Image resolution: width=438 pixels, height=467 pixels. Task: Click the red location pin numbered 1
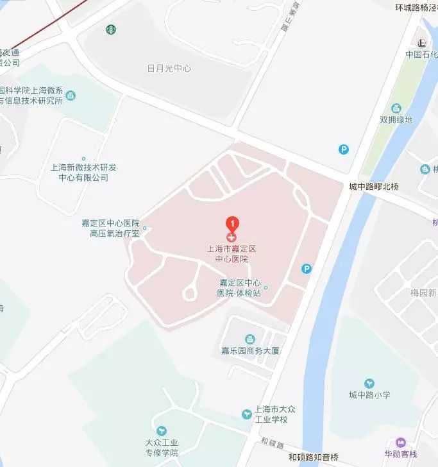point(233,224)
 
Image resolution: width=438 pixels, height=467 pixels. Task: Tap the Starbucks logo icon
point(110,29)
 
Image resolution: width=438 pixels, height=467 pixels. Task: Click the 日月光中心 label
point(169,69)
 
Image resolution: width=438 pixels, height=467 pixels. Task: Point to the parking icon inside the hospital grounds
point(307,269)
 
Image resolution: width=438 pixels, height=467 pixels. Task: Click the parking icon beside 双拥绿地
point(344,149)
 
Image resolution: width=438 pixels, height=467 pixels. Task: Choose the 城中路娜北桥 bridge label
point(374,187)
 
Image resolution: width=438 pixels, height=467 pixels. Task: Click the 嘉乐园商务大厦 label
point(251,351)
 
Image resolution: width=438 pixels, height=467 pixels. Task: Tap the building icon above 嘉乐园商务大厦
point(250,338)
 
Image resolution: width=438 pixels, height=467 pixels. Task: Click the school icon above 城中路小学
point(369,384)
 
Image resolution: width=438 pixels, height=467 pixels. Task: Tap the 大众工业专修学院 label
point(162,447)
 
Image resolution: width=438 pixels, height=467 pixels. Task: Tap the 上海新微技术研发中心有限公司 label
point(83,172)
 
